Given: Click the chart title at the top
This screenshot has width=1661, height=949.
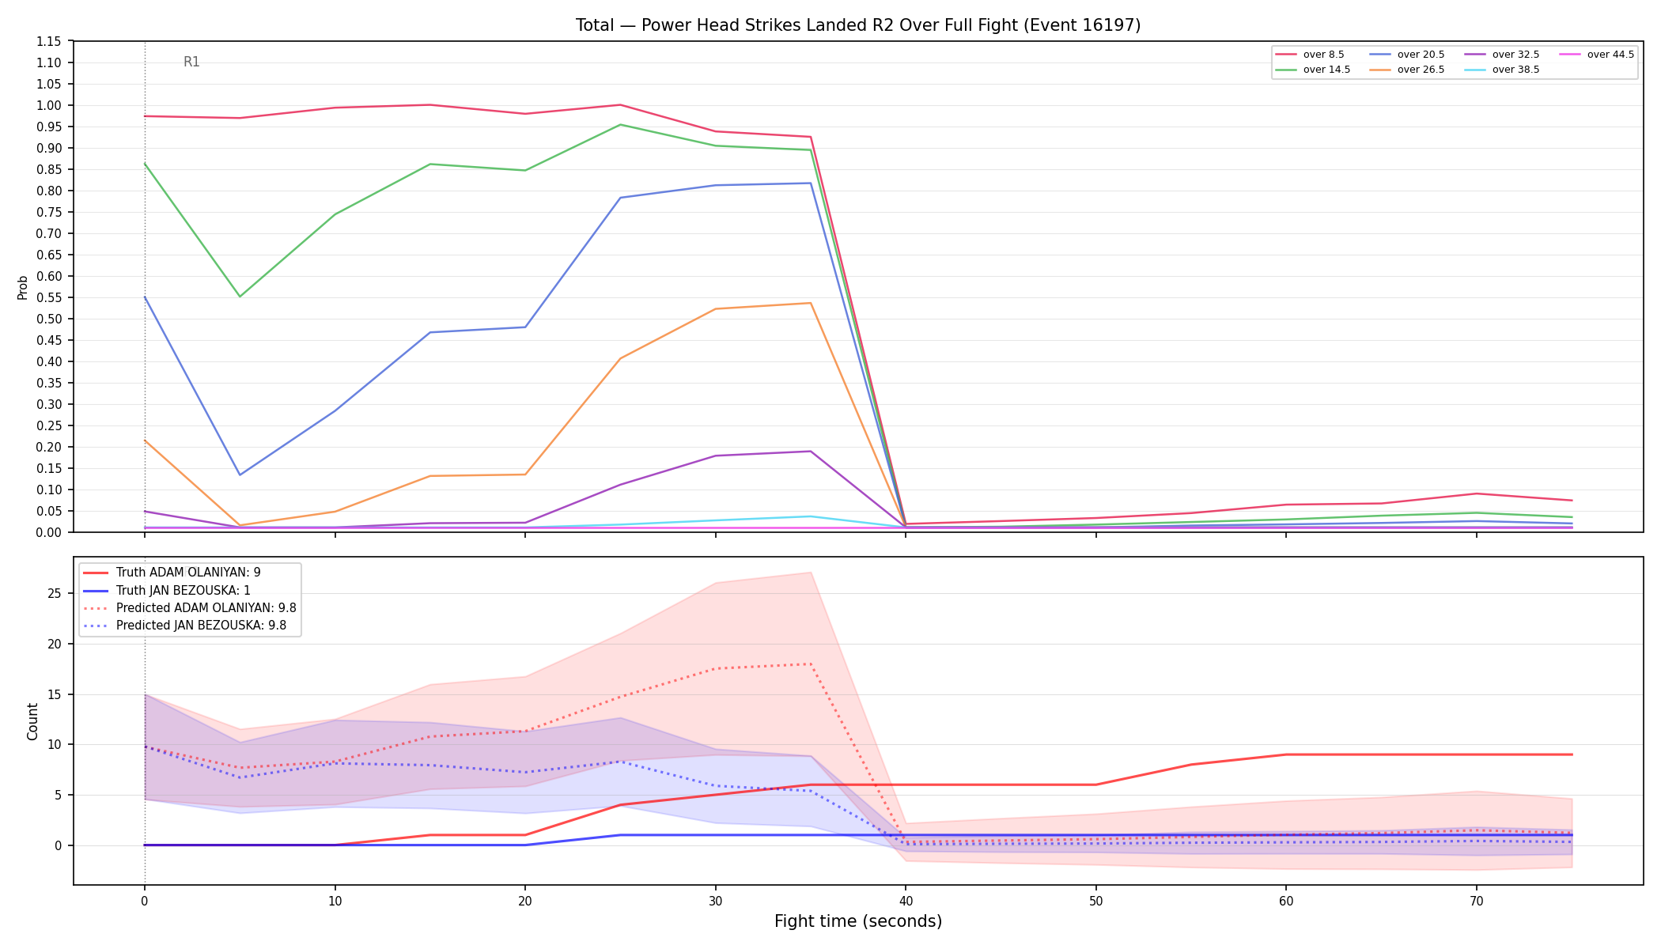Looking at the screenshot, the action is click(858, 25).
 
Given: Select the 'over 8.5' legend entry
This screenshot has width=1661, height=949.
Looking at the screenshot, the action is click(1310, 55).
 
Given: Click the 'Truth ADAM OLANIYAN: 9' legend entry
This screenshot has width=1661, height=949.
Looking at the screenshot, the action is click(172, 573).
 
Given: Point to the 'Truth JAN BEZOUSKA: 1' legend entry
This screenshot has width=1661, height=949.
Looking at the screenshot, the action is click(167, 590).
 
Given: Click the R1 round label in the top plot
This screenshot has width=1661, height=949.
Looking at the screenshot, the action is click(191, 62).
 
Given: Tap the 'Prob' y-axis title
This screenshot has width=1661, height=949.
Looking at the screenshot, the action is click(23, 287).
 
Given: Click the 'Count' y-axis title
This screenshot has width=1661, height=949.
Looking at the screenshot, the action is click(32, 721).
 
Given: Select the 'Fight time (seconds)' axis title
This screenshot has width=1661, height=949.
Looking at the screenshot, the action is click(858, 921).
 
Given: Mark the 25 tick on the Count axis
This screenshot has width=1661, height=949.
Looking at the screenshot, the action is click(55, 593).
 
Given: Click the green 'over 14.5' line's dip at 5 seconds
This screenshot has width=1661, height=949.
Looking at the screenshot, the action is click(240, 297).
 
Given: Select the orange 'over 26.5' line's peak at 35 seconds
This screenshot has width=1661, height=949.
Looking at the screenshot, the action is click(811, 303).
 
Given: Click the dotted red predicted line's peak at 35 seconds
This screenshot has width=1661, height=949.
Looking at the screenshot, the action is click(811, 664).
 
